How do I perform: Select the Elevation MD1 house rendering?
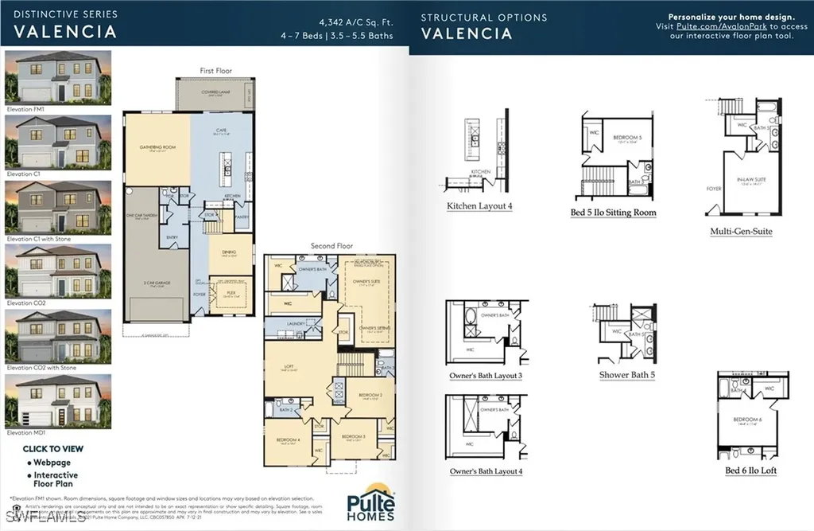tap(58, 403)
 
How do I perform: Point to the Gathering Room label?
tap(157, 147)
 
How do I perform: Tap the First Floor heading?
tap(215, 71)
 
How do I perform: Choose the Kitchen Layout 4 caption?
tap(479, 205)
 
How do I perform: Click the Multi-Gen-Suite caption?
tap(741, 232)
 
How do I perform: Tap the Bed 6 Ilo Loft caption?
tap(750, 470)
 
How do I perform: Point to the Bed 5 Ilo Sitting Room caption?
tap(613, 213)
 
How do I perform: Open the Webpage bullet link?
tap(52, 463)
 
